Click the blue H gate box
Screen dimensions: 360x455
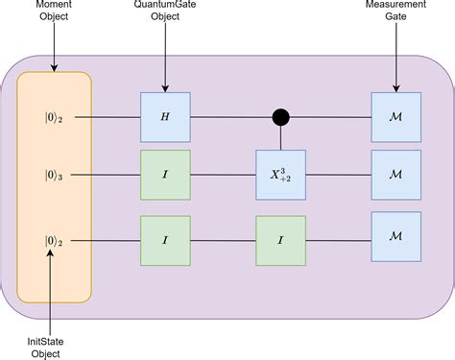point(166,117)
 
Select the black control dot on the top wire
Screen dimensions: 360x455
point(280,117)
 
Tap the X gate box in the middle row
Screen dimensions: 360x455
point(280,175)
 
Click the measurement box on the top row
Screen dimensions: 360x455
point(395,117)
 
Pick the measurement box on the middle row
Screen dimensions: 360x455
point(395,175)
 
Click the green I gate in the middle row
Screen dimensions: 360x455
point(166,175)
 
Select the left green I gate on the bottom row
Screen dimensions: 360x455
point(166,241)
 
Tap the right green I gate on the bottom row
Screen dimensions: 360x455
point(280,241)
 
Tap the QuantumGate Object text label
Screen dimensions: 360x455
point(166,16)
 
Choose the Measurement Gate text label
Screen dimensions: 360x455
point(395,16)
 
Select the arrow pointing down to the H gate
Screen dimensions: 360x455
point(166,60)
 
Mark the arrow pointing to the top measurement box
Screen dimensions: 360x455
point(395,60)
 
